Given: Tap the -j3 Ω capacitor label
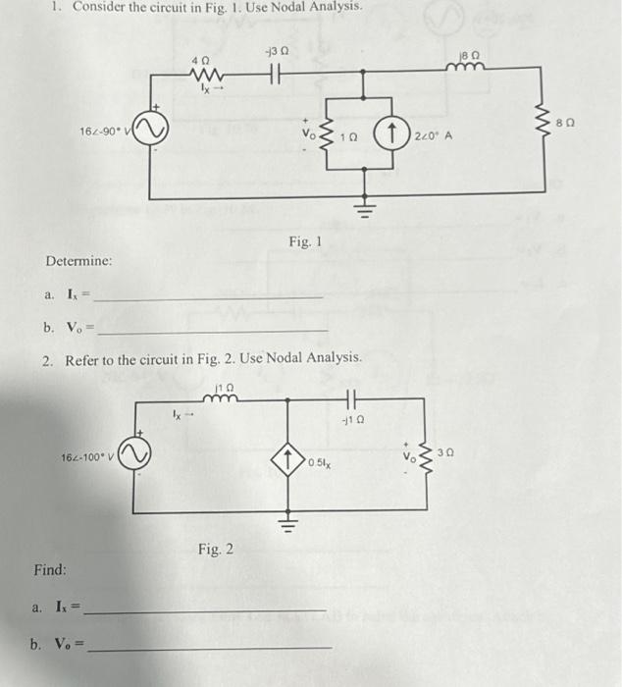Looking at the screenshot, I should pyautogui.click(x=275, y=50).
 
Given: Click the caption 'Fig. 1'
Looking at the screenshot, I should pyautogui.click(x=305, y=241).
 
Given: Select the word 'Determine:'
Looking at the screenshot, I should pyautogui.click(x=78, y=262).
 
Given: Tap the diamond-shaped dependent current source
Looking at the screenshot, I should pyautogui.click(x=290, y=458).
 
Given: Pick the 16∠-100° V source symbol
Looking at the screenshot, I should pyautogui.click(x=136, y=457).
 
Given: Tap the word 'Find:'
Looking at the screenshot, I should pyautogui.click(x=50, y=570).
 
